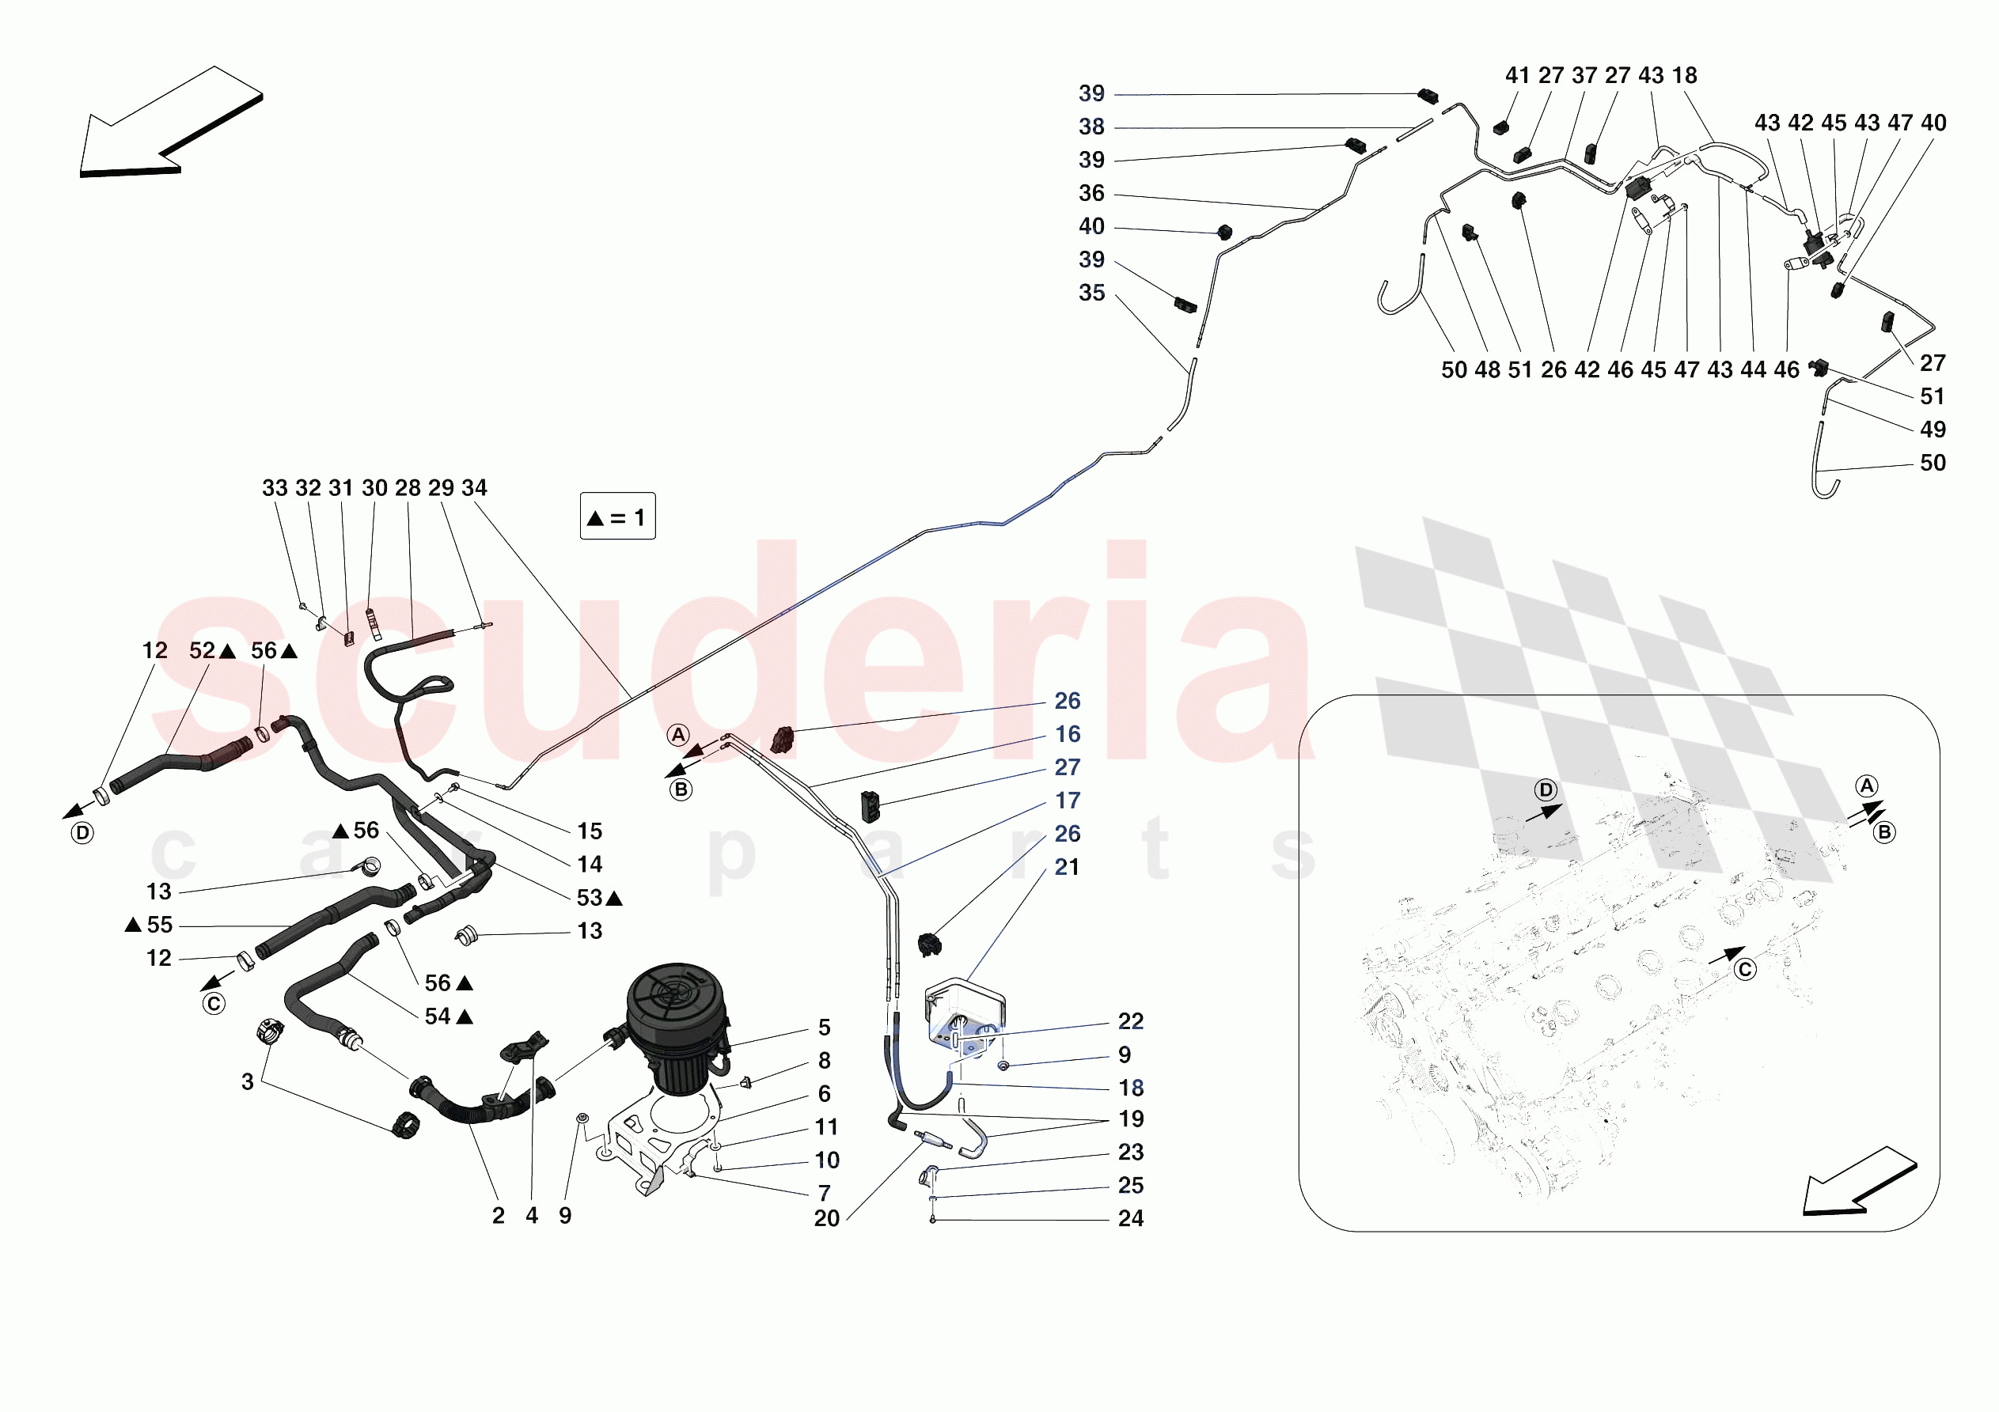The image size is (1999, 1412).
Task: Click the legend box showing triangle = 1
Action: click(x=617, y=517)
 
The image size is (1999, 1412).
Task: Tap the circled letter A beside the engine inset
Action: click(x=1867, y=785)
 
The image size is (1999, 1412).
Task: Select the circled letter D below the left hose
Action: click(x=82, y=833)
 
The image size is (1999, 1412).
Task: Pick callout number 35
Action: click(x=1092, y=293)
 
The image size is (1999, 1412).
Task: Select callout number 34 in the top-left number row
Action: click(x=475, y=488)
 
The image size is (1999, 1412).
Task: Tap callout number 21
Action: click(x=1067, y=867)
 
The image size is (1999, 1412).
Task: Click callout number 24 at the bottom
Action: click(x=1130, y=1219)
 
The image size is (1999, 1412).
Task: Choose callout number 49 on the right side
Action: click(x=1933, y=430)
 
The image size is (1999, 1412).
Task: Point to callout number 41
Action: click(x=1518, y=76)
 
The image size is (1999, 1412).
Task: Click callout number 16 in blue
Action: click(x=1068, y=735)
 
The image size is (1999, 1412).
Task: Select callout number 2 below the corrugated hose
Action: click(x=498, y=1216)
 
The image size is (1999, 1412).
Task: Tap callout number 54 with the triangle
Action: click(x=438, y=1016)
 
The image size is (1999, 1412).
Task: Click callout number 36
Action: click(x=1092, y=193)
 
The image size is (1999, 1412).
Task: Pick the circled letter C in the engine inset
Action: click(x=1745, y=970)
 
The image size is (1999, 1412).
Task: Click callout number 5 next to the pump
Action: click(x=824, y=1028)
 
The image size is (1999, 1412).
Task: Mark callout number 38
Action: click(x=1092, y=127)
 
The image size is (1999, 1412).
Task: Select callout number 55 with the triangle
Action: click(x=158, y=925)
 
